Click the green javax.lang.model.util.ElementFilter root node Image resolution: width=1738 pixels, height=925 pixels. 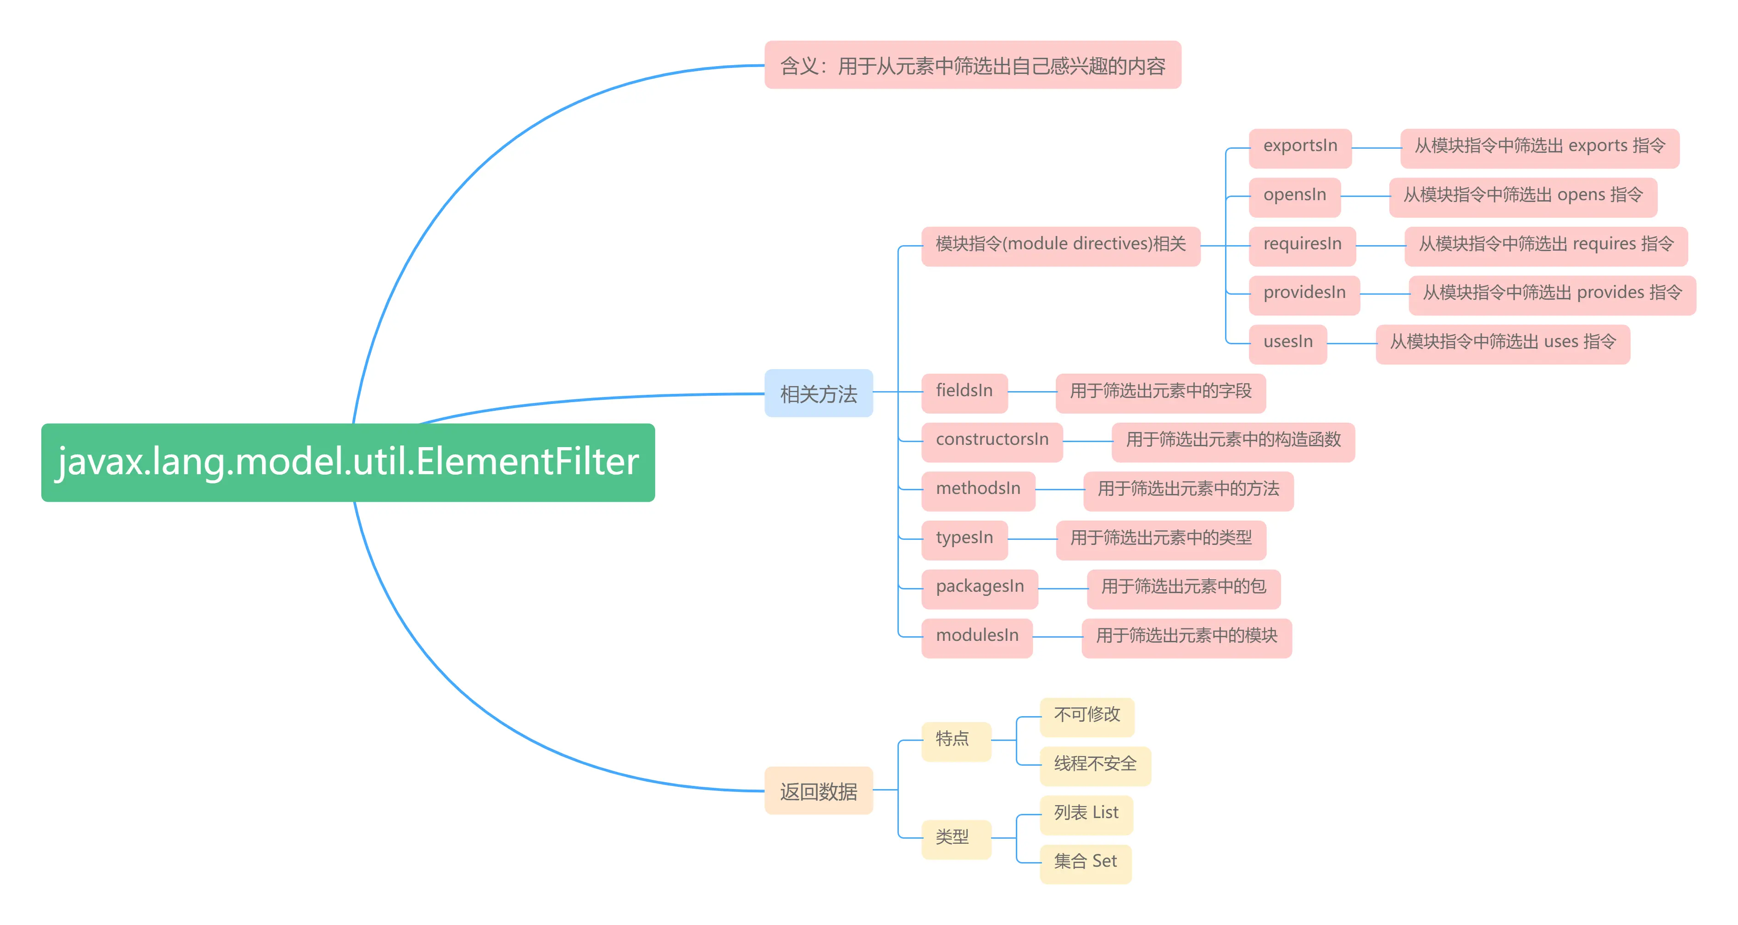coord(347,463)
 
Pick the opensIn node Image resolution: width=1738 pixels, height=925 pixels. coord(1294,196)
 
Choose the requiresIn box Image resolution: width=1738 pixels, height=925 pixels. coord(1302,244)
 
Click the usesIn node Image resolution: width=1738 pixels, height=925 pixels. coord(1287,343)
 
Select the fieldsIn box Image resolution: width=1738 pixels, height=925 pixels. coord(964,392)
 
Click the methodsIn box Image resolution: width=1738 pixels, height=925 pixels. coord(978,489)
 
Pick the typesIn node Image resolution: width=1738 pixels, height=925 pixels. coord(964,539)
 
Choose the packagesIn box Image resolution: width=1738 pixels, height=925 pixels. coord(979,588)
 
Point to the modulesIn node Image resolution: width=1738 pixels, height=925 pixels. coord(976,637)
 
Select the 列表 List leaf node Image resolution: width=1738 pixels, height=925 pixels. coord(1086,813)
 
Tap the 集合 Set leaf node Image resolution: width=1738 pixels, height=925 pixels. coord(1085,862)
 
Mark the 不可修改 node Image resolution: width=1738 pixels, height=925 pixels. coord(1086,716)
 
